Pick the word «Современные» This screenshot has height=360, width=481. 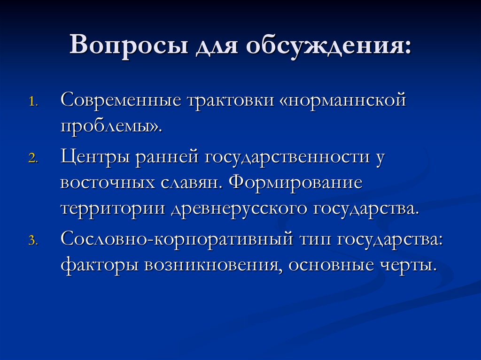click(121, 101)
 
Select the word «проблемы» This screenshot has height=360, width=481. click(108, 127)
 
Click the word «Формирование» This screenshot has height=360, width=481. click(296, 183)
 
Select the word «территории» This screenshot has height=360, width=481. click(112, 208)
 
